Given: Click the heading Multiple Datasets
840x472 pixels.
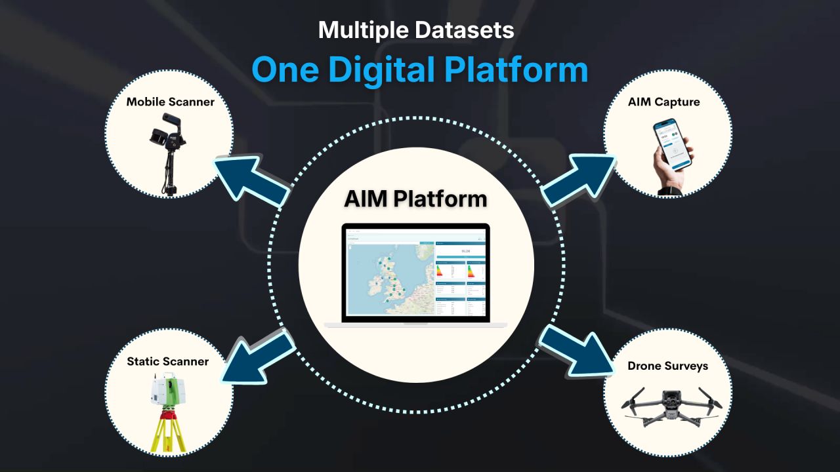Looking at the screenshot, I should tap(416, 30).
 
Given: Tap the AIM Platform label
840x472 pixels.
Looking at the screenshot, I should tap(415, 199).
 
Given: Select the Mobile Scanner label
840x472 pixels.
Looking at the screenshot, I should tap(170, 102).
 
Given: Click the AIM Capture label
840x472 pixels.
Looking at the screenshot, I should tap(663, 102).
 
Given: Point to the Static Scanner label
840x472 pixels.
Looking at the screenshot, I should tap(167, 361).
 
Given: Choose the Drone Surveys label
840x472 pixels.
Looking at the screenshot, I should tap(667, 366).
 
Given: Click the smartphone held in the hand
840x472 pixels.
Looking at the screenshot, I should tap(673, 144).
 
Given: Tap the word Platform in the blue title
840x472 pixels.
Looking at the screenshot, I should tap(516, 69).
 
